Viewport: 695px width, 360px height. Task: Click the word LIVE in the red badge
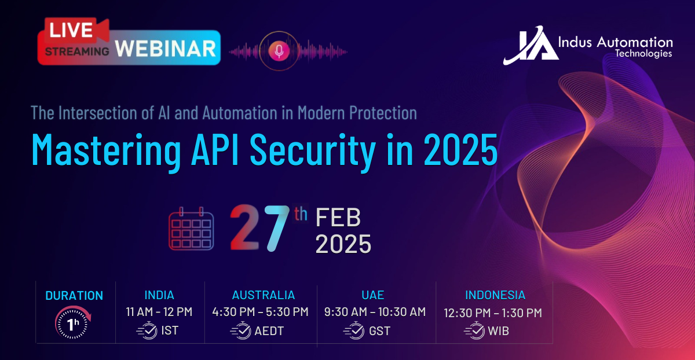coord(71,30)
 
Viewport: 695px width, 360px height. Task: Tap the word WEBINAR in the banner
coord(166,49)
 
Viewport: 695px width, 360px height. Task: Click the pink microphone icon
coord(279,51)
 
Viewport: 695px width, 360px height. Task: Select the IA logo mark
coord(531,45)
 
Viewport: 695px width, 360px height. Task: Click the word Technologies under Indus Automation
coord(643,54)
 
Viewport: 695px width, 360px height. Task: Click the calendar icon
coord(191,229)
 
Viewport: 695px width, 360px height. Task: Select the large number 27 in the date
coord(260,228)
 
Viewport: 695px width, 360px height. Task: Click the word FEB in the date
coord(338,218)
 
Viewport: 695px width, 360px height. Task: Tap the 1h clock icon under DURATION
coord(73,322)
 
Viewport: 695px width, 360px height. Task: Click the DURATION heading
coord(74,296)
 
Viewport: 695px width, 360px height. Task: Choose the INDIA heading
coord(159,295)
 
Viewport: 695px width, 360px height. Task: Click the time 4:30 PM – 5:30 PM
coord(260,311)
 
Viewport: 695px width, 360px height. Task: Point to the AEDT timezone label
coord(269,331)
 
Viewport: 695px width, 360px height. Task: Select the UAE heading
coord(372,295)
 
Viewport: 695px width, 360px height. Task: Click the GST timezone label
coord(379,331)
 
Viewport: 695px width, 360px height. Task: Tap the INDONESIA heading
coord(495,295)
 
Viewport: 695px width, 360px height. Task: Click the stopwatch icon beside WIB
coord(474,330)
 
